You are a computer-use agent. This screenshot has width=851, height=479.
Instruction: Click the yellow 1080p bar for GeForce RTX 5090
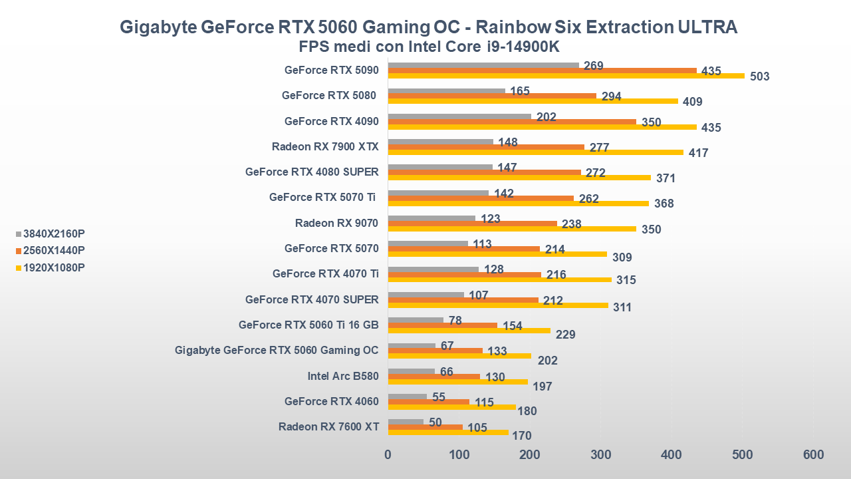[565, 76]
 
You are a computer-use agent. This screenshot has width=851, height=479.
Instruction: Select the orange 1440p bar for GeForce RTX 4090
[512, 122]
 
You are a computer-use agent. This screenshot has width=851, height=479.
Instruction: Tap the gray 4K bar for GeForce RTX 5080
[446, 90]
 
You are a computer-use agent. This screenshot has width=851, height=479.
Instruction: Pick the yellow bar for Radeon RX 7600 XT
[448, 432]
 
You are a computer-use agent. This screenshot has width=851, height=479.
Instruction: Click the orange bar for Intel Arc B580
[433, 377]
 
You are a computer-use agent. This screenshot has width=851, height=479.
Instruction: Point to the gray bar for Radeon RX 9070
[431, 218]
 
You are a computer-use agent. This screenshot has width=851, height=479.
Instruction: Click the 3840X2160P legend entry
[53, 234]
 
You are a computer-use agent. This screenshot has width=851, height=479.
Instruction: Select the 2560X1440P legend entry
[53, 250]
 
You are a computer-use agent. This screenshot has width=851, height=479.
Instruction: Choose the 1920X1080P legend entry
[53, 267]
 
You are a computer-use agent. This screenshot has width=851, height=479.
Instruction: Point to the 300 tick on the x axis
[601, 455]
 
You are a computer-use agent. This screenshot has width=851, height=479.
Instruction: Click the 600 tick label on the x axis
[813, 455]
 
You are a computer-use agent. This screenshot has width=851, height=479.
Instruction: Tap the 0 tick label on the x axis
[388, 455]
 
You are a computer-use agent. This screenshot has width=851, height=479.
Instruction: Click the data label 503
[759, 77]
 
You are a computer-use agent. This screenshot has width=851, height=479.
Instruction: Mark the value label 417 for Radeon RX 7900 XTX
[698, 153]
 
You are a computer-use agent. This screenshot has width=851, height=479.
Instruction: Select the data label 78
[455, 321]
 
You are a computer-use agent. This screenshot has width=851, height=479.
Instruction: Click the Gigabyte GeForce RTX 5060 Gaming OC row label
[277, 350]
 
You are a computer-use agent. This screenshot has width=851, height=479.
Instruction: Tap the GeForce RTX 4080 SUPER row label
[312, 172]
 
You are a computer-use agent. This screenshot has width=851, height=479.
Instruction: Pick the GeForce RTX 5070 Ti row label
[322, 197]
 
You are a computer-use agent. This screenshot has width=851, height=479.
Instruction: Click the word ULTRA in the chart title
[707, 27]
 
